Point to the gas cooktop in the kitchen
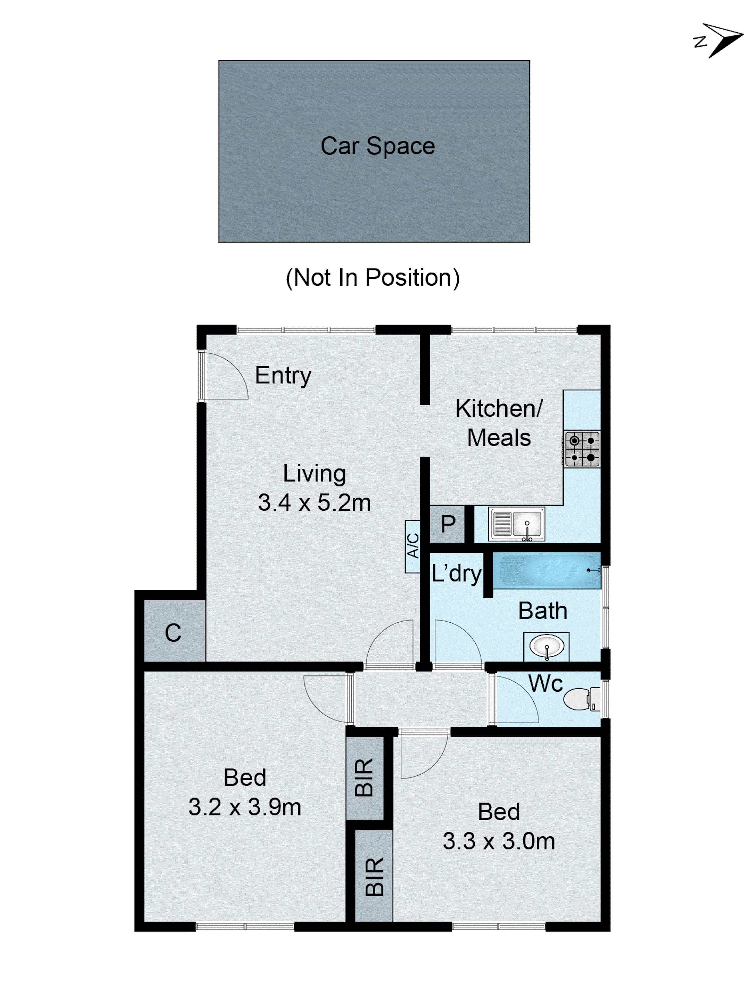pyautogui.click(x=582, y=449)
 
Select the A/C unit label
pyautogui.click(x=412, y=546)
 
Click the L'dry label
pyautogui.click(x=456, y=573)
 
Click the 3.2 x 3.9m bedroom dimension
pyautogui.click(x=244, y=807)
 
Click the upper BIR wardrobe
pyautogui.click(x=364, y=777)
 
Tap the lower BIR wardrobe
pyautogui.click(x=374, y=877)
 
